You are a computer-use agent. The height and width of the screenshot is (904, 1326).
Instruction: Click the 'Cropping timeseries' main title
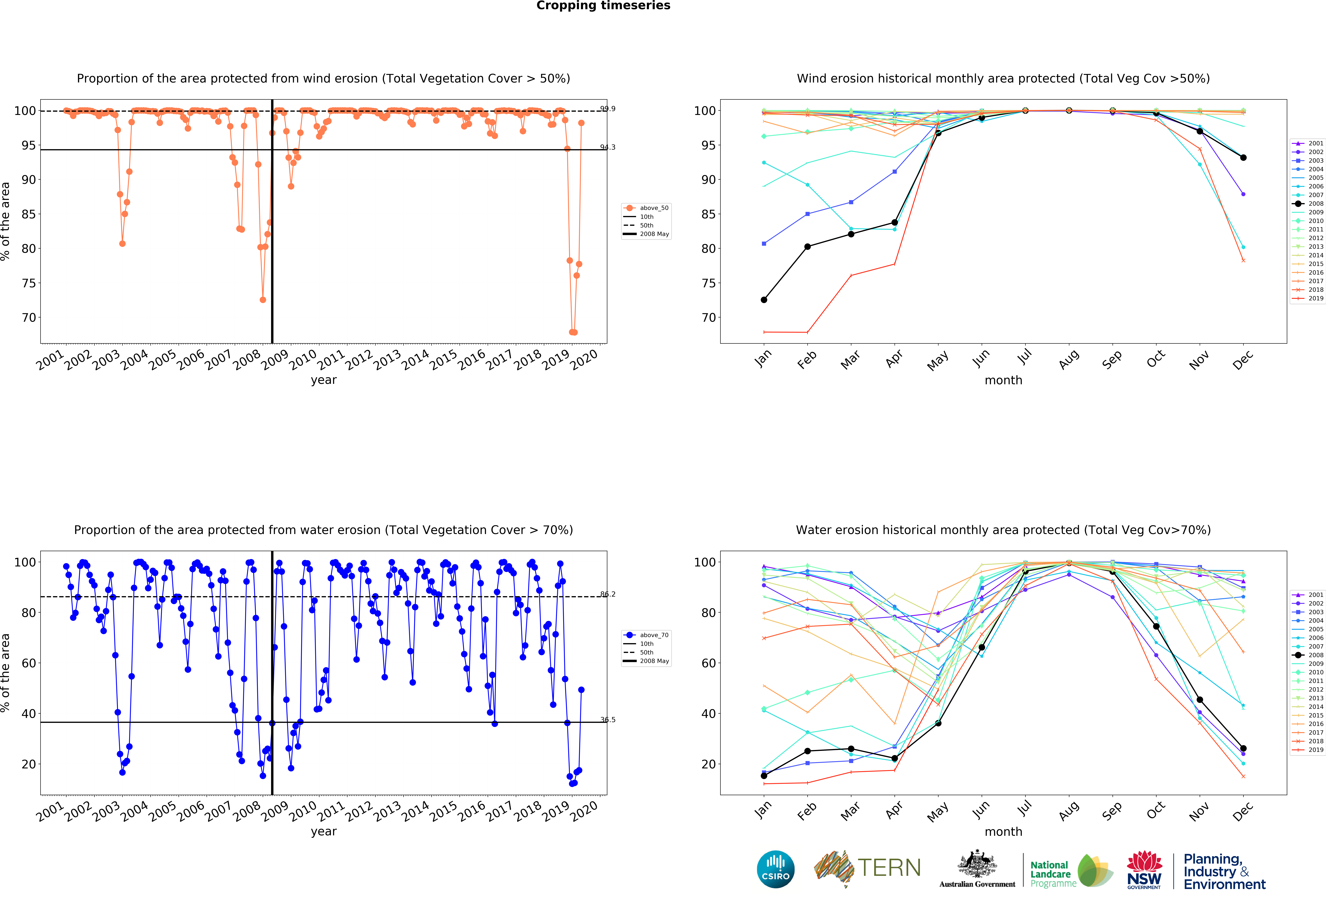tap(603, 6)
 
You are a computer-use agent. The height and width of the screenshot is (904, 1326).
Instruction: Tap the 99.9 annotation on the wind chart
tap(608, 108)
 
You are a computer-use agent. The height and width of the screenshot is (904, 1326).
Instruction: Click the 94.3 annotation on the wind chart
tap(608, 147)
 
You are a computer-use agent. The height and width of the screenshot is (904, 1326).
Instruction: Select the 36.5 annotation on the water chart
tap(608, 720)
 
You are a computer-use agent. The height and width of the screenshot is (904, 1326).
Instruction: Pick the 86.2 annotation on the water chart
tap(608, 594)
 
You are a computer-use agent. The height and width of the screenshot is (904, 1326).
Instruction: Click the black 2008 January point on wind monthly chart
tap(764, 300)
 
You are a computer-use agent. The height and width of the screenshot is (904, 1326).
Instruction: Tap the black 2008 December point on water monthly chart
tap(1243, 748)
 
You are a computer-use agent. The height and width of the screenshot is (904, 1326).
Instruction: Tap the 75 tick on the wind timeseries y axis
tap(29, 283)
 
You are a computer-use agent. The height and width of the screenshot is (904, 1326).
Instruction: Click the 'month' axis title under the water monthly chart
tap(1003, 832)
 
